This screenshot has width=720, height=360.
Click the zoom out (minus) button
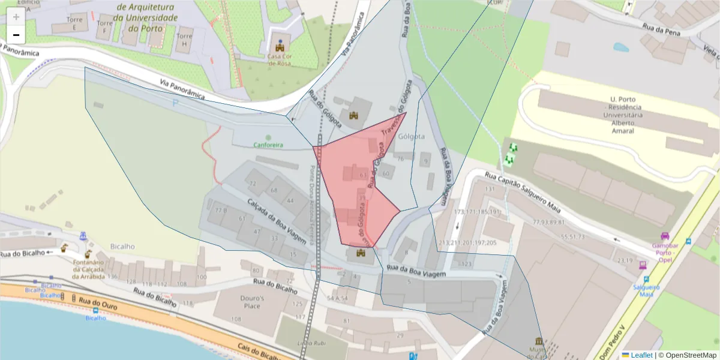tap(16, 35)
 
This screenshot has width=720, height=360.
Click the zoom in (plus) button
tap(16, 16)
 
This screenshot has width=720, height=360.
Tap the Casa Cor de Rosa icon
tap(280, 46)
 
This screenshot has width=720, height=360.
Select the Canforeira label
tap(268, 145)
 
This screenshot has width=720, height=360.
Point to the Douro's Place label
tap(252, 302)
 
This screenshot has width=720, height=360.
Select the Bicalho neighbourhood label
tap(122, 246)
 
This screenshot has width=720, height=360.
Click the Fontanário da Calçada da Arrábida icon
tap(88, 254)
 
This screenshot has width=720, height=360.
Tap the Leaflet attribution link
tap(641, 355)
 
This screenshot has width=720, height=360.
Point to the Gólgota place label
tap(412, 137)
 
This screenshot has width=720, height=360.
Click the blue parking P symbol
tap(175, 103)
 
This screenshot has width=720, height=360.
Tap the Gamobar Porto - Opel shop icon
tap(664, 236)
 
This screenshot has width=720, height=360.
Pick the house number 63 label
tap(362, 175)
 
